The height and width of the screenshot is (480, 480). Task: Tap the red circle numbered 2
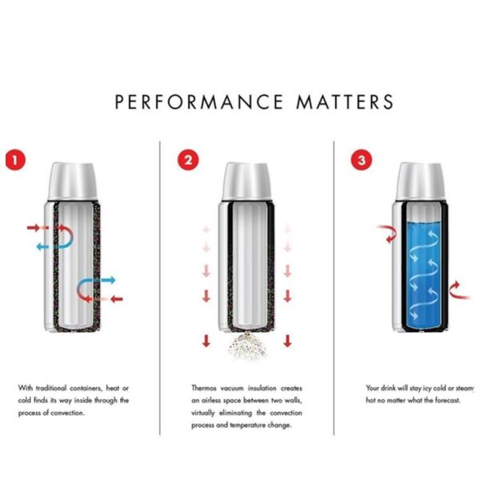(x=187, y=159)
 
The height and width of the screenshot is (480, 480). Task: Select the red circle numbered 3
(x=361, y=159)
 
